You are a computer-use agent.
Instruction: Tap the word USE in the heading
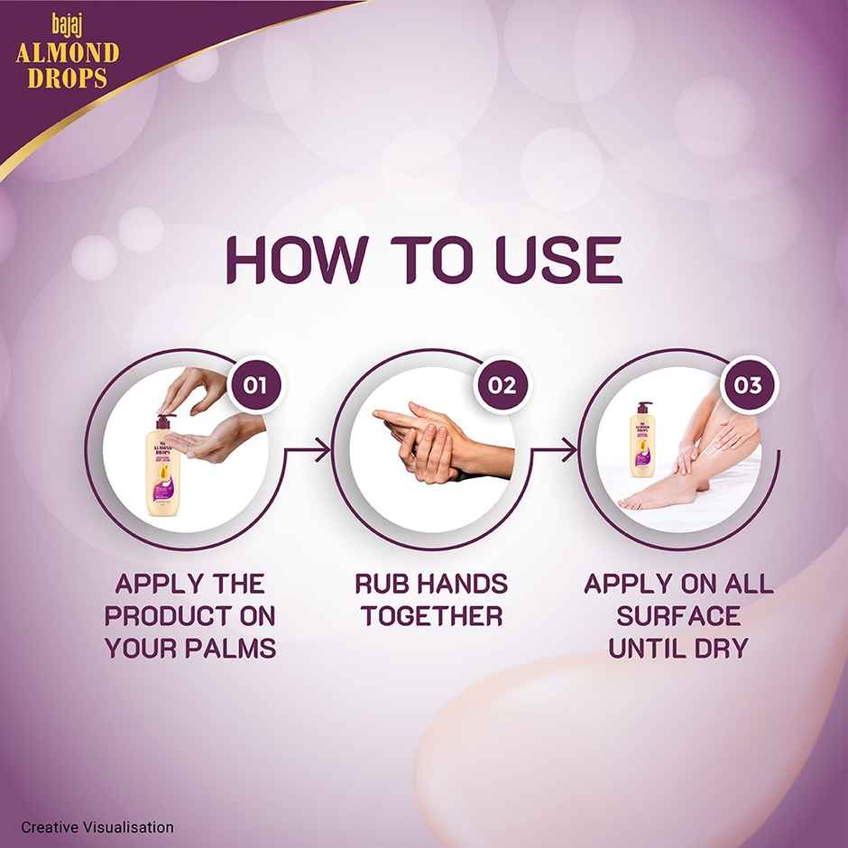click(558, 261)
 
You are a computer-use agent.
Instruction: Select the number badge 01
click(253, 386)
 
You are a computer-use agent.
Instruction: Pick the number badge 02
click(502, 386)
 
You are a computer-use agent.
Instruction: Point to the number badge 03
click(748, 386)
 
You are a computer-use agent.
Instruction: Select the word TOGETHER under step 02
click(431, 616)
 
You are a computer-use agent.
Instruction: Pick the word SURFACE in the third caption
click(679, 616)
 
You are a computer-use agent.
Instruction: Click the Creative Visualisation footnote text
click(97, 827)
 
